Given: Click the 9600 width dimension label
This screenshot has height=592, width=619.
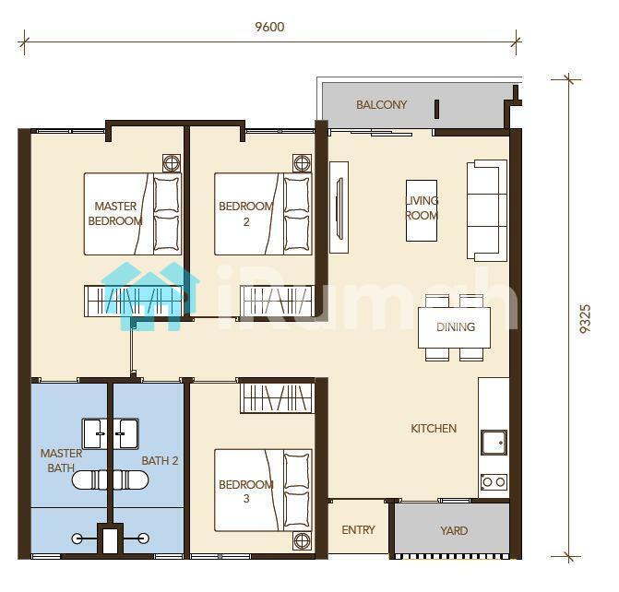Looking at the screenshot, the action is coord(269,27).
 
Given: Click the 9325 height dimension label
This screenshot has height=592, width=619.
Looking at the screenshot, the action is coord(585,319).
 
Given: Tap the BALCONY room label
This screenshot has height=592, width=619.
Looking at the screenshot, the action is coord(381,104).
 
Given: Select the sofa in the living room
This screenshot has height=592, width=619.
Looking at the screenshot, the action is coord(487,210).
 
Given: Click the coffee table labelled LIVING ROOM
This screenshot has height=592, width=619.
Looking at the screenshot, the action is coord(422,210).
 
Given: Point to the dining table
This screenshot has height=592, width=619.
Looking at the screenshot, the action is coord(455,327).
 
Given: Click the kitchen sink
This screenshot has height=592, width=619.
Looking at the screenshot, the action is coord(494,442).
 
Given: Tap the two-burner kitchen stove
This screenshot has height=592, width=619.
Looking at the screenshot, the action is coord(494,481).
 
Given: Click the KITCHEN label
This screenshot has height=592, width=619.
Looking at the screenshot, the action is coord(434,428).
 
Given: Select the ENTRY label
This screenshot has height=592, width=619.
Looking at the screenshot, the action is coord(359,529).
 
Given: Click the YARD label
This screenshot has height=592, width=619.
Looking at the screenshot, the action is coord(454,530).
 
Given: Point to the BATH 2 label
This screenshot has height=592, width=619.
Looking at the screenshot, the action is coord(160,460).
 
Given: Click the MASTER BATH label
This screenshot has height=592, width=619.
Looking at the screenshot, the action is coord(61,460).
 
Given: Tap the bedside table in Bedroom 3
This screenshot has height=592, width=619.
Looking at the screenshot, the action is coord(302,540).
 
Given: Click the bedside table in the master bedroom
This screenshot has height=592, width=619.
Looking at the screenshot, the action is coord(172,163).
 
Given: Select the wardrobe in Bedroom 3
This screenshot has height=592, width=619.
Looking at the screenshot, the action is coord(278,398).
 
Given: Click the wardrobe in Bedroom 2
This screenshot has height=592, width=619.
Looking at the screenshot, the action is coord(278,301).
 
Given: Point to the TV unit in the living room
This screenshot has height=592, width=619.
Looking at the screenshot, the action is coord(339,207).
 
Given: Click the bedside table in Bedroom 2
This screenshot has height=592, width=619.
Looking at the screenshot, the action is coord(302,163).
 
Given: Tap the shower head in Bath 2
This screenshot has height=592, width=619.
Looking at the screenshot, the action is coord(144,538).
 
